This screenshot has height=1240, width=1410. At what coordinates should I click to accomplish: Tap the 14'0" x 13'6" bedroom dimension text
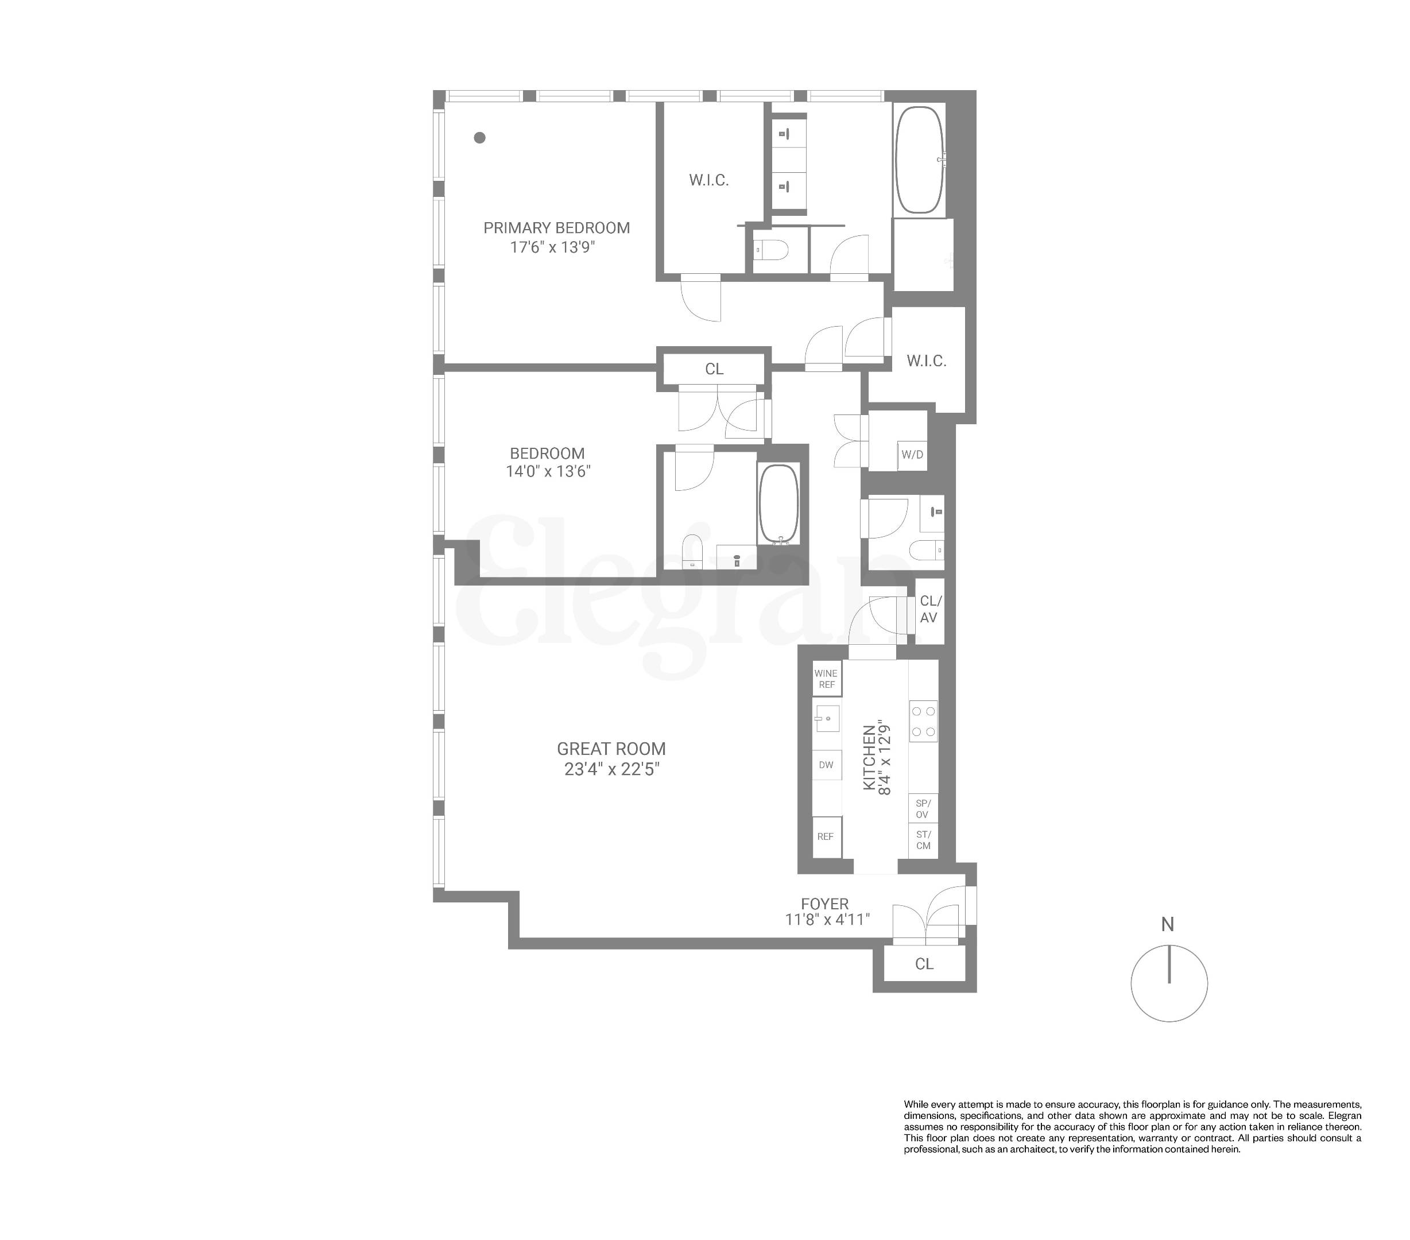click(548, 471)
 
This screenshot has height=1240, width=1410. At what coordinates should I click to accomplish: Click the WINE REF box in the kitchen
click(826, 679)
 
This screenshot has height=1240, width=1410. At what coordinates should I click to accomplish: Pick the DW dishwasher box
click(826, 765)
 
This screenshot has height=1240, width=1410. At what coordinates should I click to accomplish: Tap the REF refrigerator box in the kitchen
click(826, 836)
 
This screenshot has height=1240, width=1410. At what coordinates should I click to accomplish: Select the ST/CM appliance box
click(923, 840)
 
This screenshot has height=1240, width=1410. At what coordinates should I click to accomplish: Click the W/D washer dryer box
click(912, 455)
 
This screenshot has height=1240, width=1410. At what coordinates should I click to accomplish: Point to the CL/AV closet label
click(929, 610)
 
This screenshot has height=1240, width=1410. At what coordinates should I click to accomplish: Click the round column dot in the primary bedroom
click(479, 137)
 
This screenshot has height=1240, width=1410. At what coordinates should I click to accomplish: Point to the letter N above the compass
click(1167, 924)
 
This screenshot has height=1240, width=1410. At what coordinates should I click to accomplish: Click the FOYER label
click(824, 904)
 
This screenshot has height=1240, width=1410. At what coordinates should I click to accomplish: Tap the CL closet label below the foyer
click(924, 964)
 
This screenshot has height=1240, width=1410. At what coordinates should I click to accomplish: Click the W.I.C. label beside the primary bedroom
click(708, 180)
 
